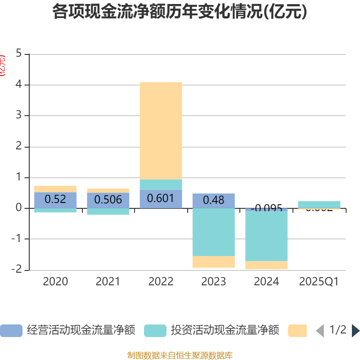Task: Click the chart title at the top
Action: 180,12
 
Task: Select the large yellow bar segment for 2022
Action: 161,130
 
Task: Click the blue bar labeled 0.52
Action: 55,200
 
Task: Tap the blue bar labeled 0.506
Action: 108,200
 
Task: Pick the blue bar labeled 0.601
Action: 161,199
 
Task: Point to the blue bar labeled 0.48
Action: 213,201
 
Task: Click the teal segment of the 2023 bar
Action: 213,232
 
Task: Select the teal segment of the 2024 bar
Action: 266,236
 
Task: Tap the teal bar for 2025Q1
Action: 319,204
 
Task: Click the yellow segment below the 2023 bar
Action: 213,262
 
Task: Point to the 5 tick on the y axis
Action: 18,54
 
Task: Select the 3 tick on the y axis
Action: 18,116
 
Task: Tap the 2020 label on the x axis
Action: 55,282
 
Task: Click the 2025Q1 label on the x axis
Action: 319,282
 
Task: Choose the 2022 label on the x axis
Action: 161,282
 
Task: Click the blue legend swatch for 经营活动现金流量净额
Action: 11,331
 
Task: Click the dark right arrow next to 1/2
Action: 355,331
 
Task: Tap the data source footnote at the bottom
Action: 180,355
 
